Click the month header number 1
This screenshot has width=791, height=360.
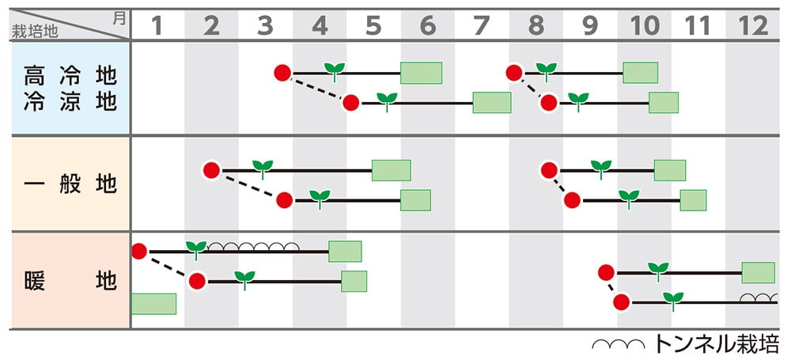pyautogui.click(x=157, y=26)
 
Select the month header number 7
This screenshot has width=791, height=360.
pyautogui.click(x=481, y=26)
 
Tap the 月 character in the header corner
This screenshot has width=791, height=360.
pyautogui.click(x=119, y=17)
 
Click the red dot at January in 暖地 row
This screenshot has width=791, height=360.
pyautogui.click(x=139, y=252)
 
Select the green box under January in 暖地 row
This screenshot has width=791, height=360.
pyautogui.click(x=153, y=304)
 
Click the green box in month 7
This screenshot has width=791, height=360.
pyautogui.click(x=491, y=103)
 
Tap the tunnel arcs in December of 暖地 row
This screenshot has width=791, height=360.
pyautogui.click(x=757, y=298)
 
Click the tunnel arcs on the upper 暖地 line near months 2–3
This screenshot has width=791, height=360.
pyautogui.click(x=253, y=247)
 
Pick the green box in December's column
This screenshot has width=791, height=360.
pyautogui.click(x=758, y=273)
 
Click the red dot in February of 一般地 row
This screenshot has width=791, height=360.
pyautogui.click(x=211, y=170)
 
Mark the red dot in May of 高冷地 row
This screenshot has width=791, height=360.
pyautogui.click(x=350, y=103)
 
